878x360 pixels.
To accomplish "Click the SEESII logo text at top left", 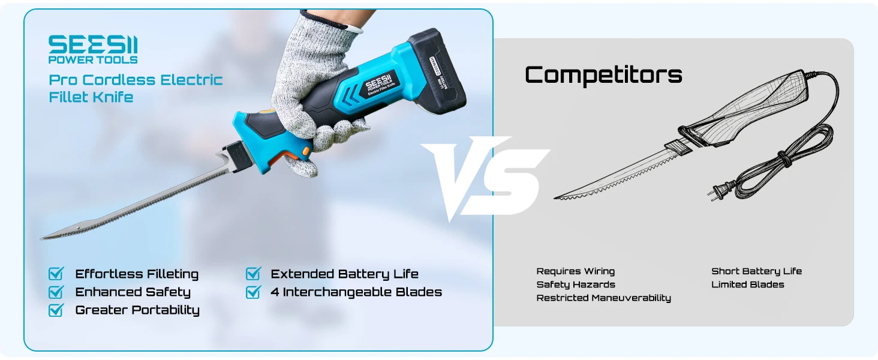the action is (x=93, y=44).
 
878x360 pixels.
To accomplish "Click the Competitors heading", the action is (x=603, y=74).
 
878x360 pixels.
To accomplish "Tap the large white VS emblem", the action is (x=485, y=178).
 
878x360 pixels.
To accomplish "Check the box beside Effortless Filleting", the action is (x=56, y=274).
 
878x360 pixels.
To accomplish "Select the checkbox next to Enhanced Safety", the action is (x=56, y=292).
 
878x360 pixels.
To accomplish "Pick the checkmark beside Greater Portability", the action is (x=56, y=310).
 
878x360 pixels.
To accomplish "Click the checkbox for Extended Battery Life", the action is (x=253, y=274).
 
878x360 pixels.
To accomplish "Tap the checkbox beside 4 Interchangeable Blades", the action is (x=253, y=292).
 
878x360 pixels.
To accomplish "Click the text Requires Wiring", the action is (x=575, y=271).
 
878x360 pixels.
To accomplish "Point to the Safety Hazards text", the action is (x=576, y=284).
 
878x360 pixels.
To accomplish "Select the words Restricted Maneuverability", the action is (x=603, y=298).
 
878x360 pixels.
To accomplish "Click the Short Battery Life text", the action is (x=756, y=271).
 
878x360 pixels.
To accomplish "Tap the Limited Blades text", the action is (x=747, y=284).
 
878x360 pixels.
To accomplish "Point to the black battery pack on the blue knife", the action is (x=437, y=71).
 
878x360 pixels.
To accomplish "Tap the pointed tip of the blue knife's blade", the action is (x=41, y=238).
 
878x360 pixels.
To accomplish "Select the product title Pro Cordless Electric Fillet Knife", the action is (x=136, y=88).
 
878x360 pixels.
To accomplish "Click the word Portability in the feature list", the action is (x=166, y=310).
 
